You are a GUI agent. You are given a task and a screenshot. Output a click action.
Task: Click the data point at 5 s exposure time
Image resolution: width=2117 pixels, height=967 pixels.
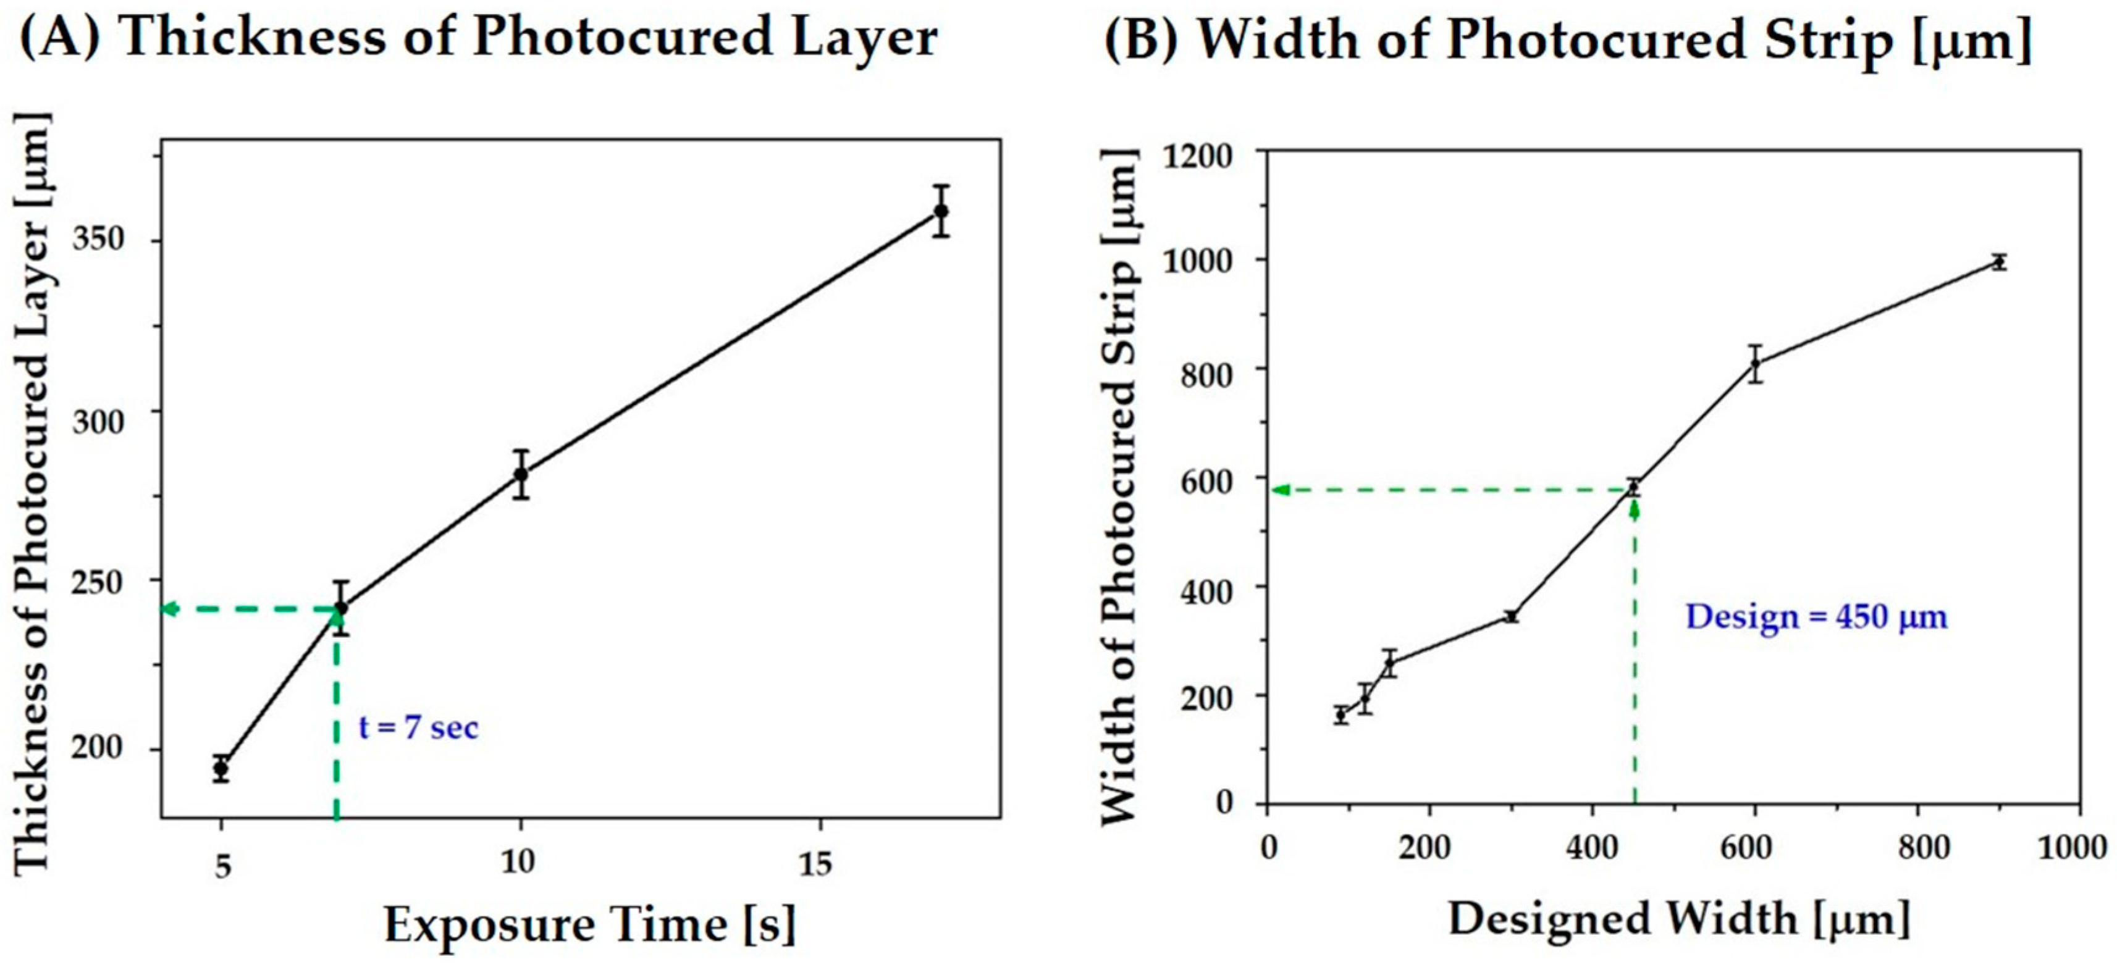click(x=221, y=769)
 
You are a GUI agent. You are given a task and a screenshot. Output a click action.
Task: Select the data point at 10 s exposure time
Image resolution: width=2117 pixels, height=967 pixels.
click(x=520, y=474)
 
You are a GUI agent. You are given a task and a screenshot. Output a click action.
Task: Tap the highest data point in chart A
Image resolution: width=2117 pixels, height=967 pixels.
click(x=941, y=211)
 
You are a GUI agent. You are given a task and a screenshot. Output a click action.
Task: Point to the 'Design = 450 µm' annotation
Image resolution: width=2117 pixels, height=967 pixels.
click(x=1816, y=616)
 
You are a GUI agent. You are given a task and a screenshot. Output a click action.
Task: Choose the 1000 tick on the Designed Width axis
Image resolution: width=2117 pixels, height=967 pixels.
click(x=2071, y=846)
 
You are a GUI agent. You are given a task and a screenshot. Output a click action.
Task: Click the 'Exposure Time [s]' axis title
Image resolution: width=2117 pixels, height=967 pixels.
click(x=590, y=925)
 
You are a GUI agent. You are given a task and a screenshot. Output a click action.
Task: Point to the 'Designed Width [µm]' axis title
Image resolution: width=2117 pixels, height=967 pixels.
click(x=1678, y=919)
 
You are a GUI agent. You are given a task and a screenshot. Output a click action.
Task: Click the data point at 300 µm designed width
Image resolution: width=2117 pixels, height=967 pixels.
click(x=1510, y=616)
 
